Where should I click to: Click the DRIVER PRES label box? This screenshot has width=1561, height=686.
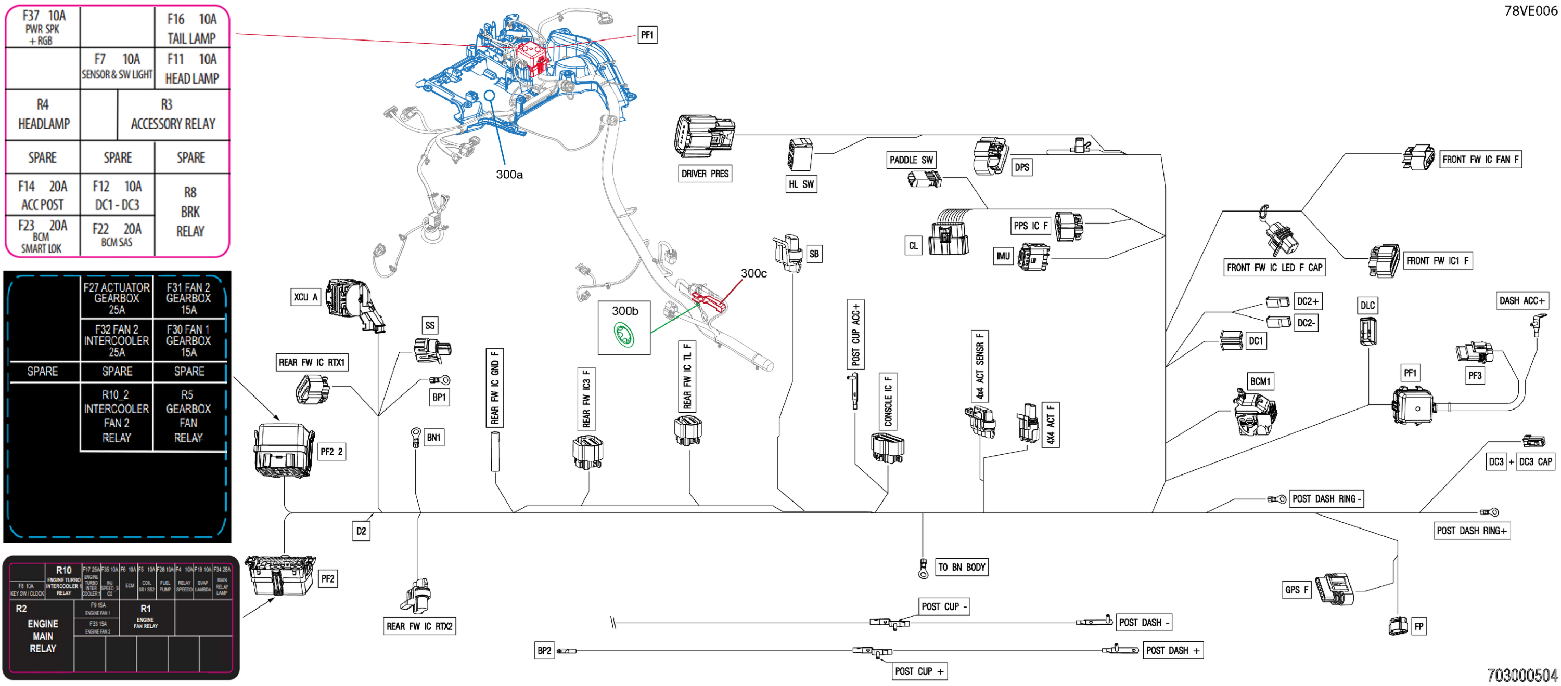point(705,174)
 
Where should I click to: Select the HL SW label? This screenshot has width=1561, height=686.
point(801,184)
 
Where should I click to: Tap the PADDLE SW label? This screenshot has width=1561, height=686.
point(911,160)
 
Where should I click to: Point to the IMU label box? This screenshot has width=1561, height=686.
point(1003,256)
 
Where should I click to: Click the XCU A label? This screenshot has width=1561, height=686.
point(305,297)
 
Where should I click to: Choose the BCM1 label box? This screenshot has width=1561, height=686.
point(1260,381)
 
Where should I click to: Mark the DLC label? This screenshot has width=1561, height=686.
point(1367,305)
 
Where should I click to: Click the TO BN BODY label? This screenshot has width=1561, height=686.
point(962,568)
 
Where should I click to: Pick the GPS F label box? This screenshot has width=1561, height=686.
point(1296,590)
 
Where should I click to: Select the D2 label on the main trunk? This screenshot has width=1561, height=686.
point(361,531)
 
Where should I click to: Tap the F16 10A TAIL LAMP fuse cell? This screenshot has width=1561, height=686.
point(191,29)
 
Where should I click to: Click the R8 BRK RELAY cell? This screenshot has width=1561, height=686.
point(190,212)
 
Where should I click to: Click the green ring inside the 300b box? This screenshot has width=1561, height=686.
point(623,334)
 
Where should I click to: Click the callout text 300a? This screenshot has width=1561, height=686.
point(509,175)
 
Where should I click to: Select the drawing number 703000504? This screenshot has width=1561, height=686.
point(1521,675)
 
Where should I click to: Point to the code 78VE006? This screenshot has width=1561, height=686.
point(1530,10)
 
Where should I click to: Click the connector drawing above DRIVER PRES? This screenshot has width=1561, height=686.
point(704,136)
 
